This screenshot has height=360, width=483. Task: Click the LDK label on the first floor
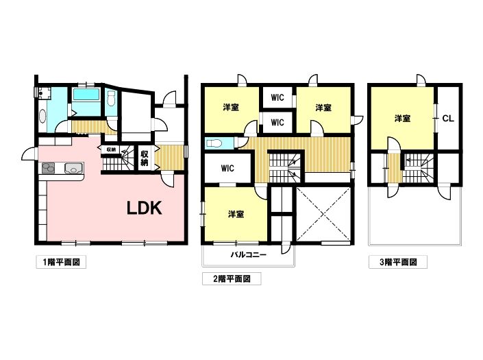point(145,208)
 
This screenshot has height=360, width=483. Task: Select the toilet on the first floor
point(111,99)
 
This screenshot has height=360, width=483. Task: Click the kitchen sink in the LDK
point(73,168)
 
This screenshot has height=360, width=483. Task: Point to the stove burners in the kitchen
point(49,168)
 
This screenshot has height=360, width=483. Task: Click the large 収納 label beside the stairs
point(145,158)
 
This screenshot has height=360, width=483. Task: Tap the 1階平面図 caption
point(61,263)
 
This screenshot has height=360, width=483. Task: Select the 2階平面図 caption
point(232,279)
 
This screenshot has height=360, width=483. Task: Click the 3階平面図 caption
point(398,263)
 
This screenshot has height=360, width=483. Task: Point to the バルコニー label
point(248,255)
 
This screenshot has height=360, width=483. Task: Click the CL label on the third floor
point(448,119)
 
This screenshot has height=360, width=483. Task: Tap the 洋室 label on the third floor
point(402,119)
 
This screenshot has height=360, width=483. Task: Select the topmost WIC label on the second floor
point(277,97)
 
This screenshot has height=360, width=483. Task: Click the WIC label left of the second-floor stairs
point(227,168)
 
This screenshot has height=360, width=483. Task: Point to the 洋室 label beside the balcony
point(236,214)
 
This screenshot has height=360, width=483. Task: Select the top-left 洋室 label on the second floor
point(231,108)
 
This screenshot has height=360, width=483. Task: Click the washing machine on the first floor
point(45,92)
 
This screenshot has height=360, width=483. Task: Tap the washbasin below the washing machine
point(42,117)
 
